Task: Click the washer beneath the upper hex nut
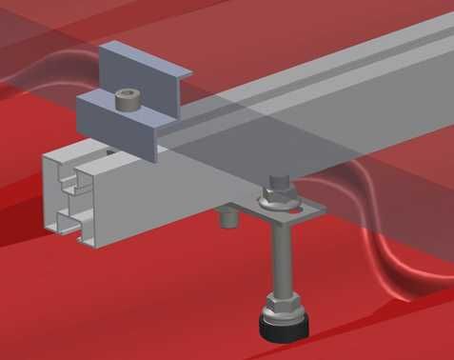(281, 204)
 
